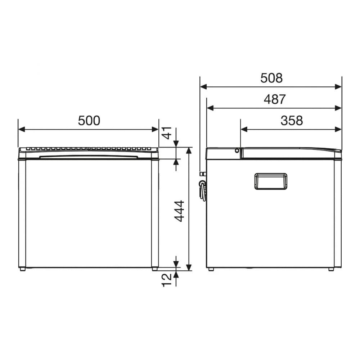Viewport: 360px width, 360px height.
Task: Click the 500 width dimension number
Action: click(x=89, y=121)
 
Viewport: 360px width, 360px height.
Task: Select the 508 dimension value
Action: click(x=271, y=78)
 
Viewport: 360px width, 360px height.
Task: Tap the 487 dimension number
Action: click(x=274, y=99)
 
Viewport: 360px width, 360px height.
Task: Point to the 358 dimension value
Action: click(x=292, y=121)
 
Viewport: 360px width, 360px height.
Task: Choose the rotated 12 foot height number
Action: click(x=167, y=280)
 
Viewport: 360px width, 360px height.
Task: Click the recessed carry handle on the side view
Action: click(x=271, y=181)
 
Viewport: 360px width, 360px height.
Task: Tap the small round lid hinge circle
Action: click(x=237, y=151)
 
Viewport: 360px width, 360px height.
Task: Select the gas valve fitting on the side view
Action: click(x=203, y=185)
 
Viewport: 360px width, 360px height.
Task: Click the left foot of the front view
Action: click(x=22, y=269)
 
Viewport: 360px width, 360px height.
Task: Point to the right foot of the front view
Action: click(x=155, y=269)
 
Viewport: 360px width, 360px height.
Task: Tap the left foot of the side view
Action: click(x=211, y=269)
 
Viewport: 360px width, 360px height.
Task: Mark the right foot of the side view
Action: click(x=331, y=269)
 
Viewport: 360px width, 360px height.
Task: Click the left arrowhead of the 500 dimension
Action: click(x=21, y=129)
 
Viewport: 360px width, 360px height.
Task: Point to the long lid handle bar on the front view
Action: click(x=88, y=157)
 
